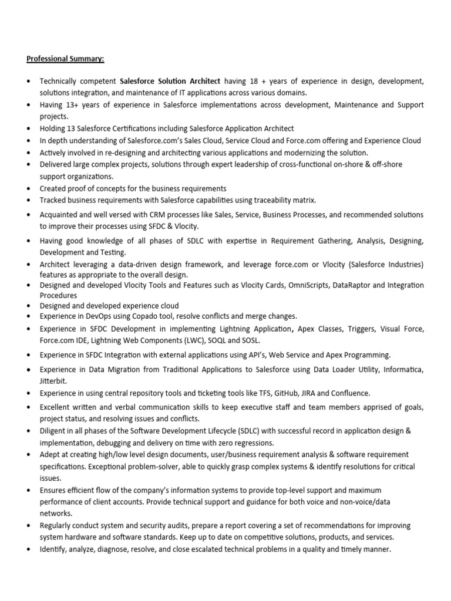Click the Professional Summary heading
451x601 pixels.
65,59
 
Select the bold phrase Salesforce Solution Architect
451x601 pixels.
170,82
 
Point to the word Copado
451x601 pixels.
149,316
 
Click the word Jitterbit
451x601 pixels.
53,380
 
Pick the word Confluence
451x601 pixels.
351,393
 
